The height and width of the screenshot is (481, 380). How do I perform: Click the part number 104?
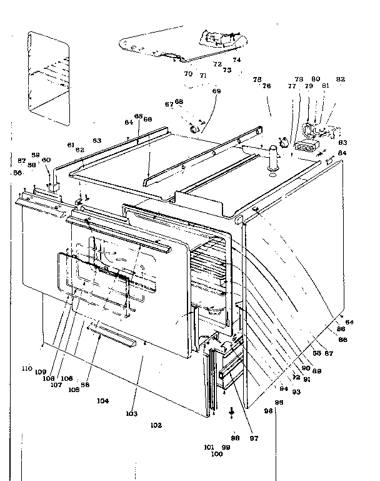point(103,401)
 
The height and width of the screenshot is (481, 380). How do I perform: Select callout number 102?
point(156,425)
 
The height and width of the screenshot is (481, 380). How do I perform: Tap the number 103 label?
point(131,414)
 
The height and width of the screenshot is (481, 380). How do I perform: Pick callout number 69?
point(216,91)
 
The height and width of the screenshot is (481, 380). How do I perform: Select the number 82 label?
point(341,80)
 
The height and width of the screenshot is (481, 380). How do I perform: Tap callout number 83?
point(342,143)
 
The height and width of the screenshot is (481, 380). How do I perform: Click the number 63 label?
point(97,140)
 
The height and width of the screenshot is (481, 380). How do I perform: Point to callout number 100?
point(217,454)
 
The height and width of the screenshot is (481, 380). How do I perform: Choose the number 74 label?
point(236,60)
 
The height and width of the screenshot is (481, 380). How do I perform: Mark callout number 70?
point(188,74)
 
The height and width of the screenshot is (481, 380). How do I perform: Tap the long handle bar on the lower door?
point(112,337)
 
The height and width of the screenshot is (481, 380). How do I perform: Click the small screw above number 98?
point(232,411)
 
